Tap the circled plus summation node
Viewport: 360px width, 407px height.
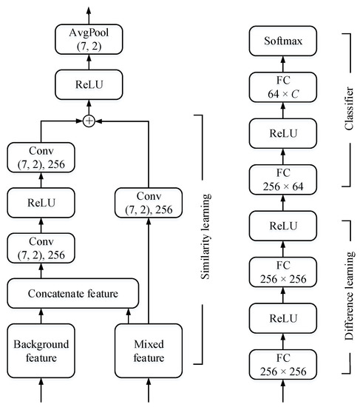[x=89, y=121]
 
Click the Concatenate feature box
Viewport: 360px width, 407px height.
[x=72, y=293]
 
